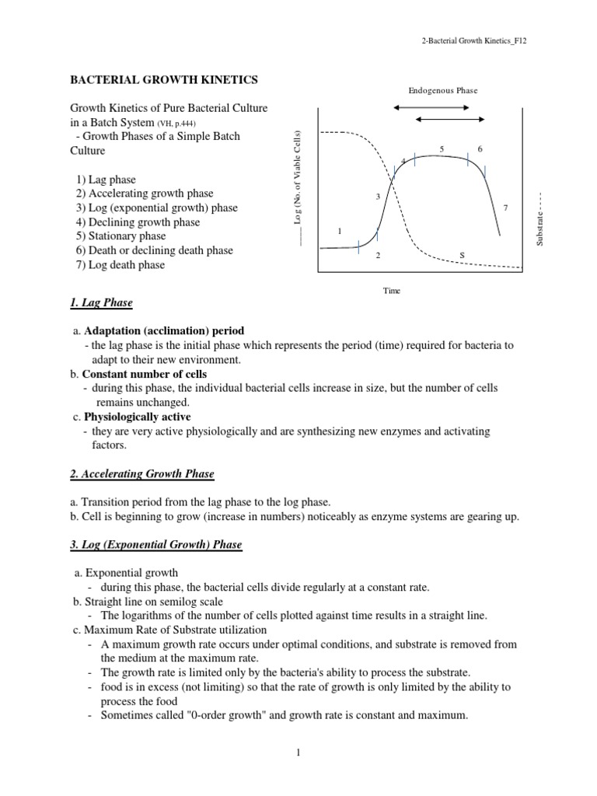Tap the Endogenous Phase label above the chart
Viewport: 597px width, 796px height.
[x=443, y=90]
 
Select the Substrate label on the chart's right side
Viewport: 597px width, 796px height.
[x=539, y=221]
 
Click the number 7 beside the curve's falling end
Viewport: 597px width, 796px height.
[x=506, y=208]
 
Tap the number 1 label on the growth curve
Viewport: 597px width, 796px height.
[x=340, y=232]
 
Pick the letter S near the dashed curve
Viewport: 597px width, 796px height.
[x=461, y=254]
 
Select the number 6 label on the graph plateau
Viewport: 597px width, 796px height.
[x=480, y=148]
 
